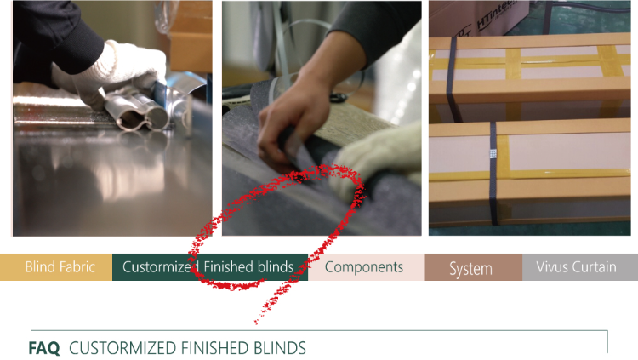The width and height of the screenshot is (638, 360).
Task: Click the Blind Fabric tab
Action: [56, 267]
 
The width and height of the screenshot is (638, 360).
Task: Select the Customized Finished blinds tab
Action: [210, 267]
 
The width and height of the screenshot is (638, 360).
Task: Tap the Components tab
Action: [366, 267]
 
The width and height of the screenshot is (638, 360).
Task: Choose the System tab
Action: [474, 267]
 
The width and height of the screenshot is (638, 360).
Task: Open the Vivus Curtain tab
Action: [580, 267]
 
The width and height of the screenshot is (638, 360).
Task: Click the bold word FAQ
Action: [44, 349]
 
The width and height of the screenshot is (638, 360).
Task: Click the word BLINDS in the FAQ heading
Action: [280, 349]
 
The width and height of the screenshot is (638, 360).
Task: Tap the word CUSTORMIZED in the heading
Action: [123, 349]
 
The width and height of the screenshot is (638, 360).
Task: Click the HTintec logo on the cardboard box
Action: [494, 14]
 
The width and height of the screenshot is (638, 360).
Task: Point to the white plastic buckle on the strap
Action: [493, 153]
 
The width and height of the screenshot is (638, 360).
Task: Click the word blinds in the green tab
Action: [276, 267]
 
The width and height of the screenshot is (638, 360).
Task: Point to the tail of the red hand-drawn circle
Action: [256, 323]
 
